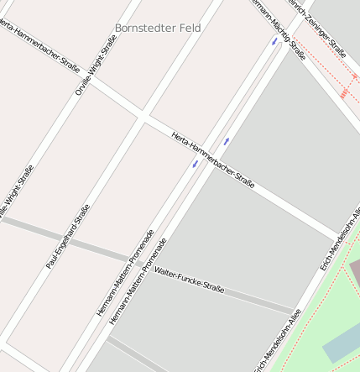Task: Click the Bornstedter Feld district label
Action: [158, 28]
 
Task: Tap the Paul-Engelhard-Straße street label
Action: [68, 242]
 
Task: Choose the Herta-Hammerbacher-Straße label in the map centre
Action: [212, 159]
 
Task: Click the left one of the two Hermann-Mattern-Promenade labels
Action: [125, 272]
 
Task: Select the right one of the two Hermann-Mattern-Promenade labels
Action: [138, 281]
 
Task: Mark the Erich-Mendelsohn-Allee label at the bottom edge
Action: [278, 339]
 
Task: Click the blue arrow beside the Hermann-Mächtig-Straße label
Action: [274, 41]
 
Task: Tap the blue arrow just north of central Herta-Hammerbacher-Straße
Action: [226, 141]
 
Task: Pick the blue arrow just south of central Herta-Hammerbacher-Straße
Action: [195, 164]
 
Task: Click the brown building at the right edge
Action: [354, 270]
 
